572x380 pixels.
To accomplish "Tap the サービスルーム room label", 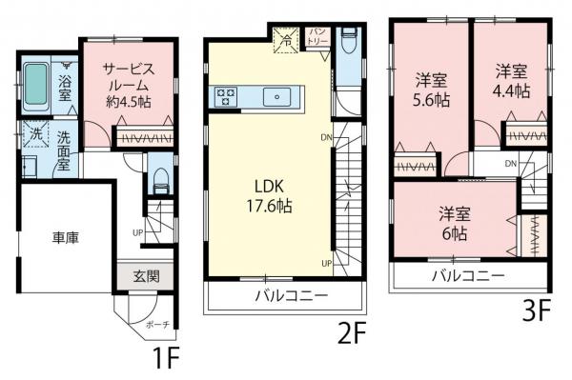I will pyautogui.click(x=129, y=81).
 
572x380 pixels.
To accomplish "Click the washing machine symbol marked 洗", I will pyautogui.click(x=33, y=134).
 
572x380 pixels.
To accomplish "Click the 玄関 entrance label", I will pyautogui.click(x=146, y=277).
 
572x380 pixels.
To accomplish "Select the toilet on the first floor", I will pyautogui.click(x=160, y=177).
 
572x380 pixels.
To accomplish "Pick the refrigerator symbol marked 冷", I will pyautogui.click(x=283, y=40).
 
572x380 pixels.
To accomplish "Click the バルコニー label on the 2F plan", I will pyautogui.click(x=291, y=296).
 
